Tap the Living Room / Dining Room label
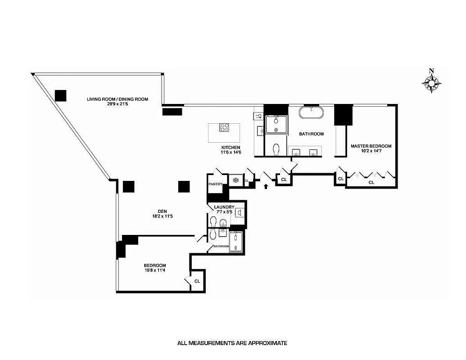coord(118,99)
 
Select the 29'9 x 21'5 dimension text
coord(118,104)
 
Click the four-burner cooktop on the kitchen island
coord(224,127)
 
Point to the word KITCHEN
coord(231,148)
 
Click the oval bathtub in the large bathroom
coord(311,112)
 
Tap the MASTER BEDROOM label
coord(371,146)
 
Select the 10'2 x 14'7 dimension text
coord(371,152)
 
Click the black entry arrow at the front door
coord(266,184)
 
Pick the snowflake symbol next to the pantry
coord(235,180)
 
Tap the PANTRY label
coord(215,184)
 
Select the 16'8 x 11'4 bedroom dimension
coord(155,270)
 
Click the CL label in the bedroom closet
coord(197,281)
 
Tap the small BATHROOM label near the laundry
coord(221,246)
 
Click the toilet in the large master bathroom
coord(276,149)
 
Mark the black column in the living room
coord(60,95)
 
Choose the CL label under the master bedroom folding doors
coord(371,183)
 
